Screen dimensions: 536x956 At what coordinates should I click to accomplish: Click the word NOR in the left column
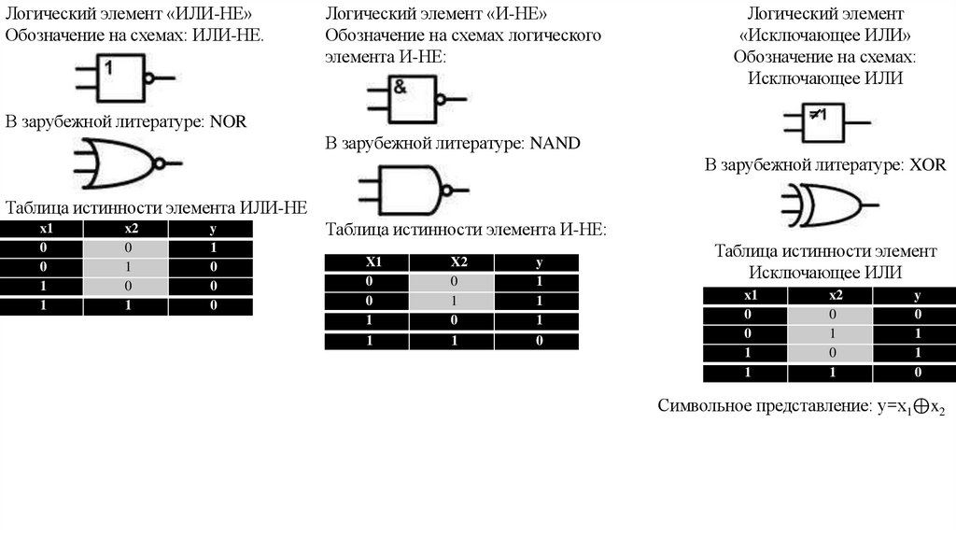pyautogui.click(x=228, y=121)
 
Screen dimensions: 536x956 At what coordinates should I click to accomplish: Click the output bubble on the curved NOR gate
pyautogui.click(x=160, y=164)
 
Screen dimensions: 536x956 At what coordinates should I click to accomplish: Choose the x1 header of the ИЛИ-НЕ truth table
pyautogui.click(x=42, y=230)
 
